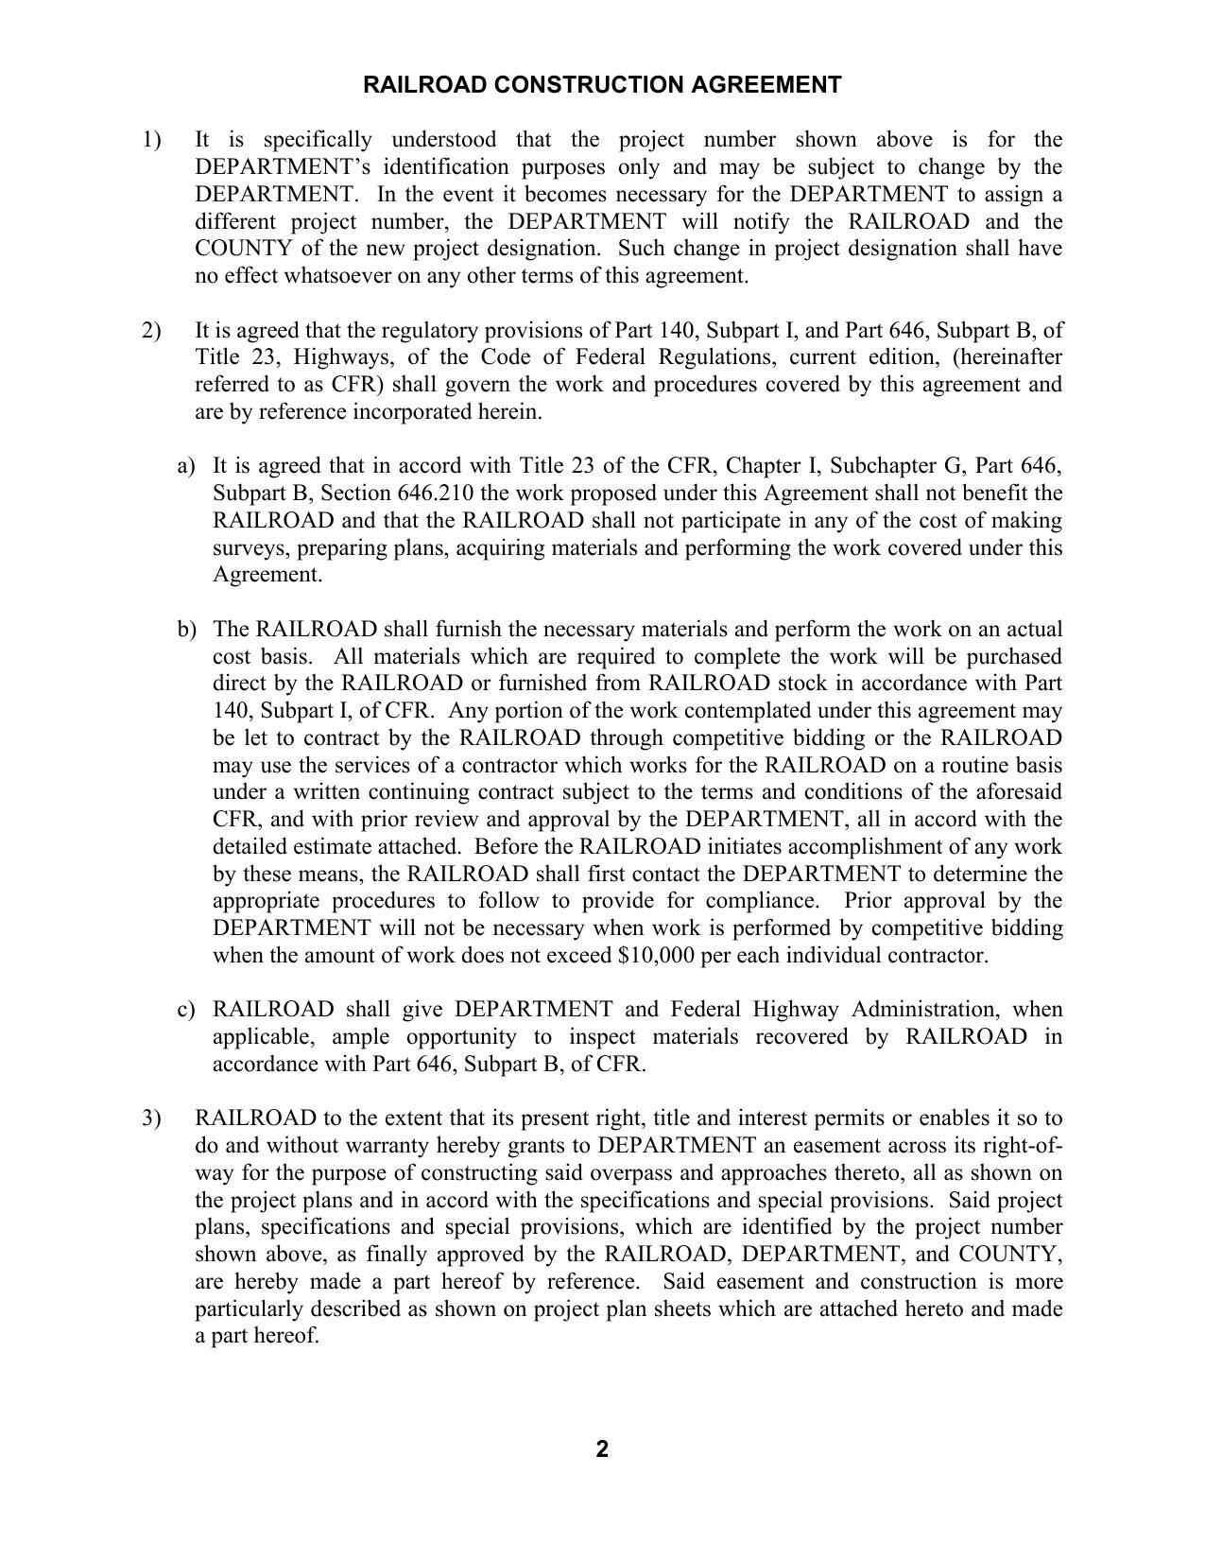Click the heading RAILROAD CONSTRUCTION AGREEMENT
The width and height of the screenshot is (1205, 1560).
602,85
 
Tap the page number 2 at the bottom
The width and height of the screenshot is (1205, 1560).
602,1449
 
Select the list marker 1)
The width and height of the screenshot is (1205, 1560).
152,140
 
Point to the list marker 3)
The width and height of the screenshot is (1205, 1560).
152,1118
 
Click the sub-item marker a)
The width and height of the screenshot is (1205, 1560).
186,466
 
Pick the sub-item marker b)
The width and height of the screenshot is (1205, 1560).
186,630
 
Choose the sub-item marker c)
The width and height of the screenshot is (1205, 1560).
186,1010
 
